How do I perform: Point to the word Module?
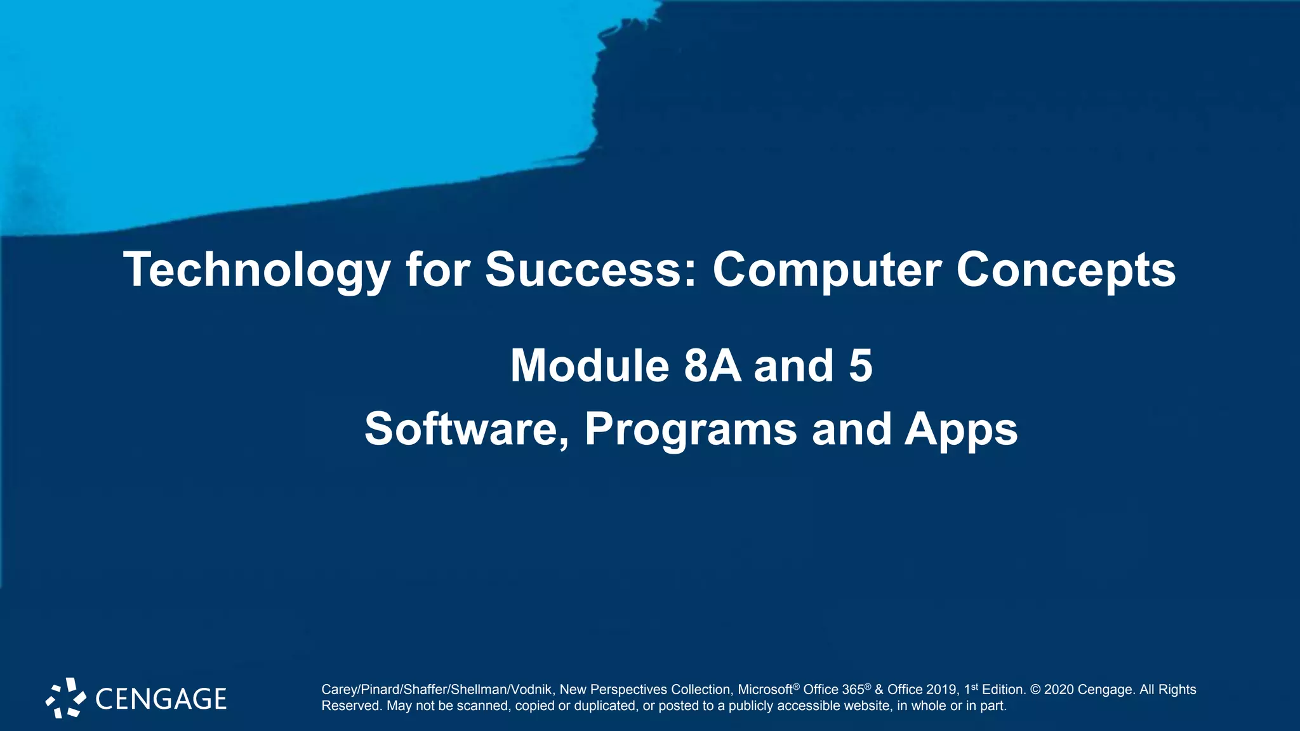[590, 366]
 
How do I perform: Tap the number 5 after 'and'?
[861, 366]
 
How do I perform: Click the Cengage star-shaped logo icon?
[65, 698]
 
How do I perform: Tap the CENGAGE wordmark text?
[161, 699]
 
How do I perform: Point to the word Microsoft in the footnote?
[765, 690]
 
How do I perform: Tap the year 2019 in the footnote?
[942, 690]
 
